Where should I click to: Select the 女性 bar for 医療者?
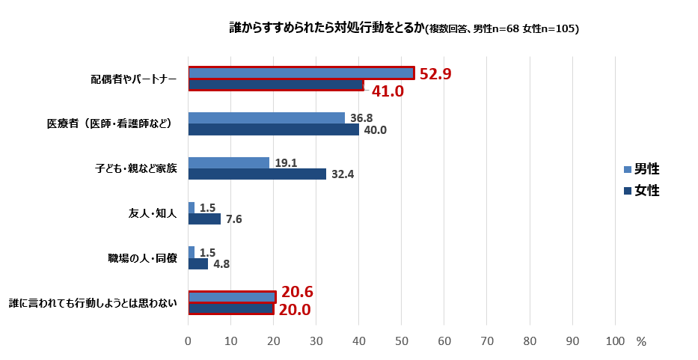[x=273, y=129]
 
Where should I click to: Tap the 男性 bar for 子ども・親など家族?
[x=228, y=162]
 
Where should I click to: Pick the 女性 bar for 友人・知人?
[x=204, y=219]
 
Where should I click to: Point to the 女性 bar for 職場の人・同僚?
[x=198, y=263]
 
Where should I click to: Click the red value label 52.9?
[x=435, y=74]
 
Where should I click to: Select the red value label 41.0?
[x=388, y=91]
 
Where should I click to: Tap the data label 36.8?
[x=362, y=118]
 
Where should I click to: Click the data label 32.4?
[x=343, y=174]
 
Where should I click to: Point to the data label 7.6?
[x=233, y=219]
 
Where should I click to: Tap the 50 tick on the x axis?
[x=402, y=341]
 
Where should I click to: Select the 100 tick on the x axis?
[x=615, y=341]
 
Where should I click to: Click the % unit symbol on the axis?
[x=640, y=341]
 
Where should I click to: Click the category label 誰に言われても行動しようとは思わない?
[x=93, y=303]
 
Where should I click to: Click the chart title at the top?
[x=404, y=28]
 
